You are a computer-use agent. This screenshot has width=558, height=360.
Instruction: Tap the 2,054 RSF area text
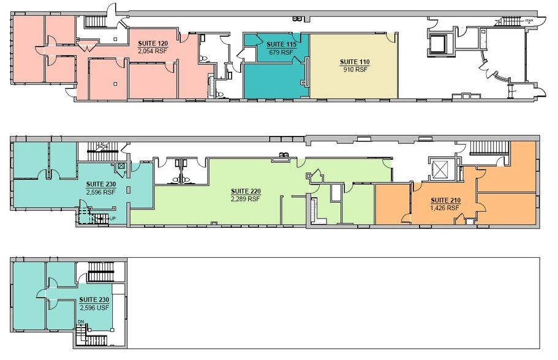pos(154,51)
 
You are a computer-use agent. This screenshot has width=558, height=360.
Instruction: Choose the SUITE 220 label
pos(245,191)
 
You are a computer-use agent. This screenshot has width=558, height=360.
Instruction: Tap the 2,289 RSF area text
pos(245,198)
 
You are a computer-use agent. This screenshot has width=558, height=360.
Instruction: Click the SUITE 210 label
pos(445,200)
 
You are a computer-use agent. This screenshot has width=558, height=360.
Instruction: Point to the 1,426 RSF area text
pos(445,208)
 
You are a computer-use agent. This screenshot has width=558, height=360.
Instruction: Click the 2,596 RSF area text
pos(100,192)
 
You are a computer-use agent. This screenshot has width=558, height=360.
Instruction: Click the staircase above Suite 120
pos(95,22)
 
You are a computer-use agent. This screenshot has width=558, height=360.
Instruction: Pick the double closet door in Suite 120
pos(86,45)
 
